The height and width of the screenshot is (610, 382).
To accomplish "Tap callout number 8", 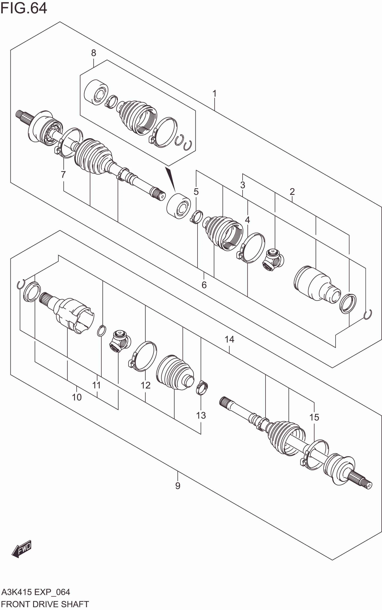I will [93, 53].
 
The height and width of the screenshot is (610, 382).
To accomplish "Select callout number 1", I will [214, 94].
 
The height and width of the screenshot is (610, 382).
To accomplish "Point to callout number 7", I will [63, 174].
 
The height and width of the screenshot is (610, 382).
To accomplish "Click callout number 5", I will [196, 192].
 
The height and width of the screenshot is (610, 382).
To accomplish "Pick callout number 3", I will [242, 185].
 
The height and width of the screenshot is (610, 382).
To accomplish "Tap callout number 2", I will [292, 192].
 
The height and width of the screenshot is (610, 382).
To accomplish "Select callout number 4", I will [247, 220].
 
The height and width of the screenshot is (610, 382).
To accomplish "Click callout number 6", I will [204, 285].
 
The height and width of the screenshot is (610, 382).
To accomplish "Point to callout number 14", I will [229, 339].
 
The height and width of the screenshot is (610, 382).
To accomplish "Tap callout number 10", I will [77, 397].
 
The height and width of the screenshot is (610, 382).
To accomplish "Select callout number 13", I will [201, 415].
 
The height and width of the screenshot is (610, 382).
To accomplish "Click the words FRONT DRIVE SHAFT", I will [45, 604].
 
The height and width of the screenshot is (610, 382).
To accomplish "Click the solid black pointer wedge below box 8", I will [171, 178].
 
